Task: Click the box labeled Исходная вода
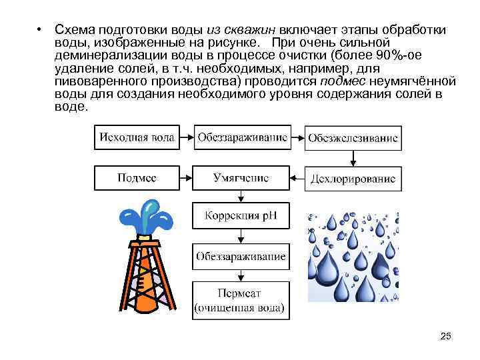point(137,138)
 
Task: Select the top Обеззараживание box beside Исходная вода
point(242,138)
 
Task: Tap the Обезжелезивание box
point(353,139)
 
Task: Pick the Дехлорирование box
point(353,179)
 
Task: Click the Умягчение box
point(241,179)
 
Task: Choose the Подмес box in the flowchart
point(137,179)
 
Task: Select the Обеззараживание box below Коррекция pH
point(241,255)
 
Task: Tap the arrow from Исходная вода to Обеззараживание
point(186,138)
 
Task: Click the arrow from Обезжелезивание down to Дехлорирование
point(353,158)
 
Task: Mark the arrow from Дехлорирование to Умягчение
point(297,179)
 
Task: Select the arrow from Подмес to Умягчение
point(186,179)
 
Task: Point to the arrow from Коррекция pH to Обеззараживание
point(241,236)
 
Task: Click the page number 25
point(446,337)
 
